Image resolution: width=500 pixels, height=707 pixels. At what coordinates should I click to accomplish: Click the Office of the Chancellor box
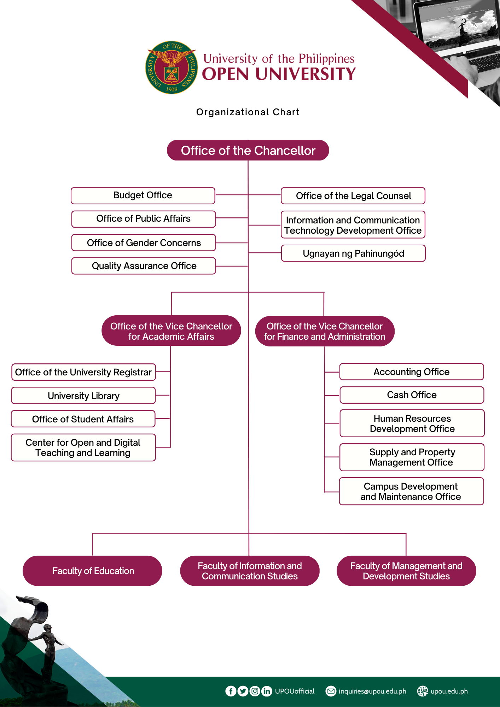click(x=248, y=150)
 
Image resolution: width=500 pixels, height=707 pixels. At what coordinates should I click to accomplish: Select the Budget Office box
click(x=143, y=195)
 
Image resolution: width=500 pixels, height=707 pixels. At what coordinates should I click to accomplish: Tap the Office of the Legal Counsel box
click(x=353, y=196)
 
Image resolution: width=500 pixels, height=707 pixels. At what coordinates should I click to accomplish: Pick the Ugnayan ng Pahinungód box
click(x=353, y=253)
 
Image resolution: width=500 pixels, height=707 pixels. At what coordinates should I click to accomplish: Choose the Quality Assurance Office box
click(x=144, y=266)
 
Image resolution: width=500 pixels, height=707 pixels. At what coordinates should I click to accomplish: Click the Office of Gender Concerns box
click(x=144, y=243)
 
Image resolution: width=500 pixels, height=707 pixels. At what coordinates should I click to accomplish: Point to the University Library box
click(x=83, y=396)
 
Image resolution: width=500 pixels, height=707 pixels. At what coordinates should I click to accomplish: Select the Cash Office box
click(x=412, y=395)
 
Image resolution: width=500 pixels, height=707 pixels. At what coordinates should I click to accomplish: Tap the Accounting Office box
click(x=411, y=372)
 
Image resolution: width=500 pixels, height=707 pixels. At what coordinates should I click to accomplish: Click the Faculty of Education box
click(x=92, y=571)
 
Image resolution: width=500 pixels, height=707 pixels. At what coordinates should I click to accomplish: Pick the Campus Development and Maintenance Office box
click(x=411, y=491)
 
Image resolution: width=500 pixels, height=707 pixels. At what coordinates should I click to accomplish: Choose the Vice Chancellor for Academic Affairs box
click(x=171, y=331)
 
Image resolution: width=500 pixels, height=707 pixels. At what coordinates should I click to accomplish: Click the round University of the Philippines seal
click(x=171, y=67)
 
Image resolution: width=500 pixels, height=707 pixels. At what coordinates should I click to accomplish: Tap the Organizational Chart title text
click(x=248, y=112)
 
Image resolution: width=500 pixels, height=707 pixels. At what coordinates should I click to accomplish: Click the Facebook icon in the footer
click(x=231, y=691)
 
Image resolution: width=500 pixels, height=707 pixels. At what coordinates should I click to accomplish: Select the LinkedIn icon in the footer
click(x=267, y=691)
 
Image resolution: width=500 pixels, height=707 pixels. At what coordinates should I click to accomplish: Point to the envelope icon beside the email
click(x=331, y=691)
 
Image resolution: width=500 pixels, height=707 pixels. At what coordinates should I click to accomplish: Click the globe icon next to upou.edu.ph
click(x=423, y=691)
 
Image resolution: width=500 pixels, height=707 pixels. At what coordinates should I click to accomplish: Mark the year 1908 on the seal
click(x=171, y=89)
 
